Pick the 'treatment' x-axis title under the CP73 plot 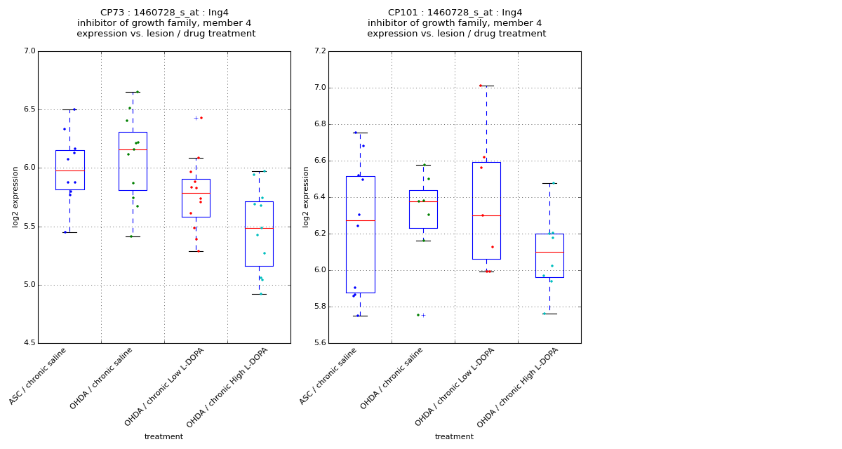point(163,437)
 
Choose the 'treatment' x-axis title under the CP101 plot point(454,437)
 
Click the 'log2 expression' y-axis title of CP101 point(306,196)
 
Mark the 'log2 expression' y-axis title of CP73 point(15,196)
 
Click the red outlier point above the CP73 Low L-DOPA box point(201,118)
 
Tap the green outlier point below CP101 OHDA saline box point(418,315)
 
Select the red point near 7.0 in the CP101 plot point(481,86)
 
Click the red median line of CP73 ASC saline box point(69,170)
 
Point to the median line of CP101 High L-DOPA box point(549,252)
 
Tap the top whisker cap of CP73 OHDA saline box point(133,92)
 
